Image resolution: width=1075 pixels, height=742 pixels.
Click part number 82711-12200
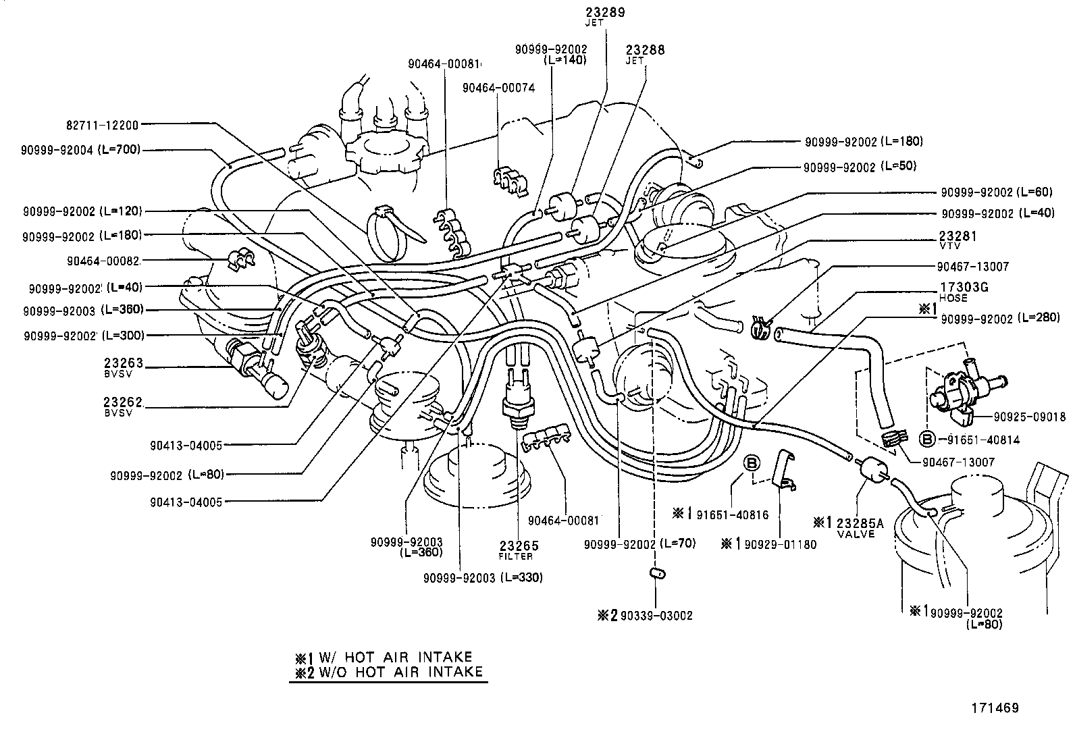102,125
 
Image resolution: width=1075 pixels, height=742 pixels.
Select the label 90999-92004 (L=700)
81,150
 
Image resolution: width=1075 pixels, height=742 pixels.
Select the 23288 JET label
645,53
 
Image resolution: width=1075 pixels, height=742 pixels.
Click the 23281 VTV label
958,240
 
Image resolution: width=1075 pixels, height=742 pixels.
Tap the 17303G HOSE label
964,291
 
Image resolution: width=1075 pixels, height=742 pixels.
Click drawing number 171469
995,708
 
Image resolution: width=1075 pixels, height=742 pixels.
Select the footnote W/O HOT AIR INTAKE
389,671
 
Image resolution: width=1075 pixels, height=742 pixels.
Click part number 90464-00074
498,88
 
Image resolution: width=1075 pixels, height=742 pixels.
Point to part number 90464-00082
103,261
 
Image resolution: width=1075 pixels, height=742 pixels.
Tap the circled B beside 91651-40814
928,440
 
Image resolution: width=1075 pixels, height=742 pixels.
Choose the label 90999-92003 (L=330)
483,578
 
